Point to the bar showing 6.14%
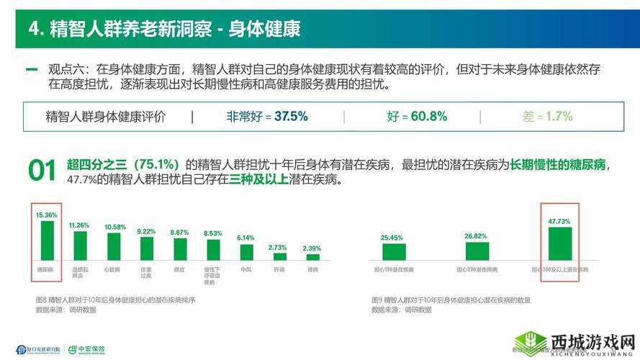(x=246, y=251)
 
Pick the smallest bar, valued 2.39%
(x=312, y=256)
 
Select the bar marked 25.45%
(x=394, y=251)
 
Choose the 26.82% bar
(x=477, y=251)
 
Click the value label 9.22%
(x=146, y=231)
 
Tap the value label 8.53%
(x=213, y=233)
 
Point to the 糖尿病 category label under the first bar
(x=46, y=269)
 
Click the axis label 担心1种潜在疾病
(x=395, y=269)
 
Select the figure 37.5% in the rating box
(x=291, y=116)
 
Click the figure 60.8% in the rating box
(x=428, y=116)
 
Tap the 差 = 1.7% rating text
(x=549, y=116)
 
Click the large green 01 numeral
(x=42, y=171)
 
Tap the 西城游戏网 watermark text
(x=593, y=340)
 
